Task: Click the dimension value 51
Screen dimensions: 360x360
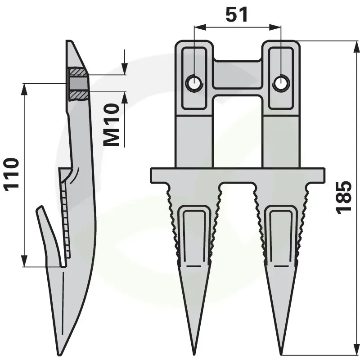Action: [237, 15]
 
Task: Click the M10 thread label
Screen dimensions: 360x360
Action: [112, 125]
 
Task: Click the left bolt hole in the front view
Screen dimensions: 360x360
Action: [194, 84]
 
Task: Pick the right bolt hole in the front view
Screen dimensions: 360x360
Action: [281, 84]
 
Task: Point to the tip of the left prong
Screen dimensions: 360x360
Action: [194, 354]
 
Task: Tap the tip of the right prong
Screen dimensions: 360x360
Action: [282, 354]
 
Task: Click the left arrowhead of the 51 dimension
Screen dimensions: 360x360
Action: [200, 27]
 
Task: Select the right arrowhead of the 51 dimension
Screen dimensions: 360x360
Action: [275, 27]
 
